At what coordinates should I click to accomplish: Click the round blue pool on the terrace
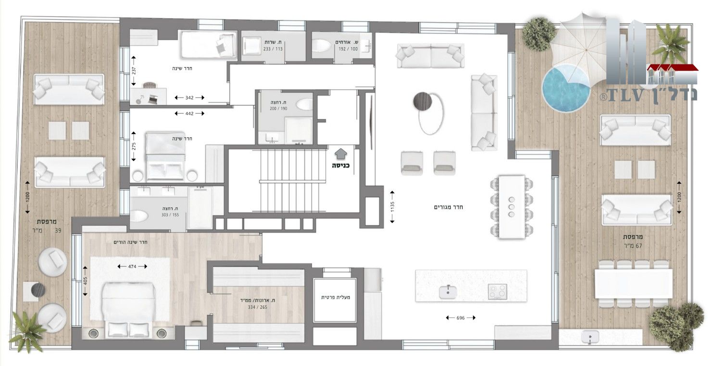click(x=566, y=88)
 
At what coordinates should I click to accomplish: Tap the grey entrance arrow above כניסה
click(x=340, y=154)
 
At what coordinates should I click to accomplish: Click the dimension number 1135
click(x=392, y=207)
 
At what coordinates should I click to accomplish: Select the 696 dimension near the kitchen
click(x=461, y=318)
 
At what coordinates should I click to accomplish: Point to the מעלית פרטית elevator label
click(x=336, y=297)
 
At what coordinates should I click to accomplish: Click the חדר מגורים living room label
click(x=448, y=207)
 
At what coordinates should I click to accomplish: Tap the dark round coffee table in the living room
click(x=423, y=101)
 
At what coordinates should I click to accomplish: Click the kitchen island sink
click(x=448, y=292)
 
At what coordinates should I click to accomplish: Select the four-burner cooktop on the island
click(x=498, y=291)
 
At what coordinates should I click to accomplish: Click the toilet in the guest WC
click(x=322, y=46)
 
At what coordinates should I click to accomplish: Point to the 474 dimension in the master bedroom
click(x=132, y=266)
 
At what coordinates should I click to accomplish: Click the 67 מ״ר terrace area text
click(x=633, y=246)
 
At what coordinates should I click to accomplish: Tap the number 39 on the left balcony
click(x=58, y=231)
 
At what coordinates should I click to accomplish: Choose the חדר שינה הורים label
click(x=130, y=242)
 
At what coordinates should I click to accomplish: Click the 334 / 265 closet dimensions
click(x=257, y=307)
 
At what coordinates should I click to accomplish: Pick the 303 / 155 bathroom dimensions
click(x=170, y=215)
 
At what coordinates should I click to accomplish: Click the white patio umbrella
click(x=584, y=48)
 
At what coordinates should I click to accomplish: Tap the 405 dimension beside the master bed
click(x=85, y=281)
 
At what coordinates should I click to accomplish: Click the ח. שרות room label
click(x=273, y=42)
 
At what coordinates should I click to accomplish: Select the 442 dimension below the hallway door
click(x=189, y=114)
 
